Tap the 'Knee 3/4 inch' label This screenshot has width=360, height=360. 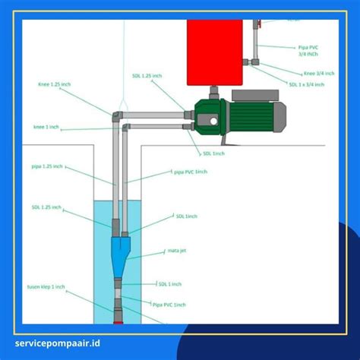(303, 71)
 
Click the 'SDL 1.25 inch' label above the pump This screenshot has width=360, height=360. (146, 76)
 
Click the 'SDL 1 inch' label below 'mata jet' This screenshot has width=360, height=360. (171, 284)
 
